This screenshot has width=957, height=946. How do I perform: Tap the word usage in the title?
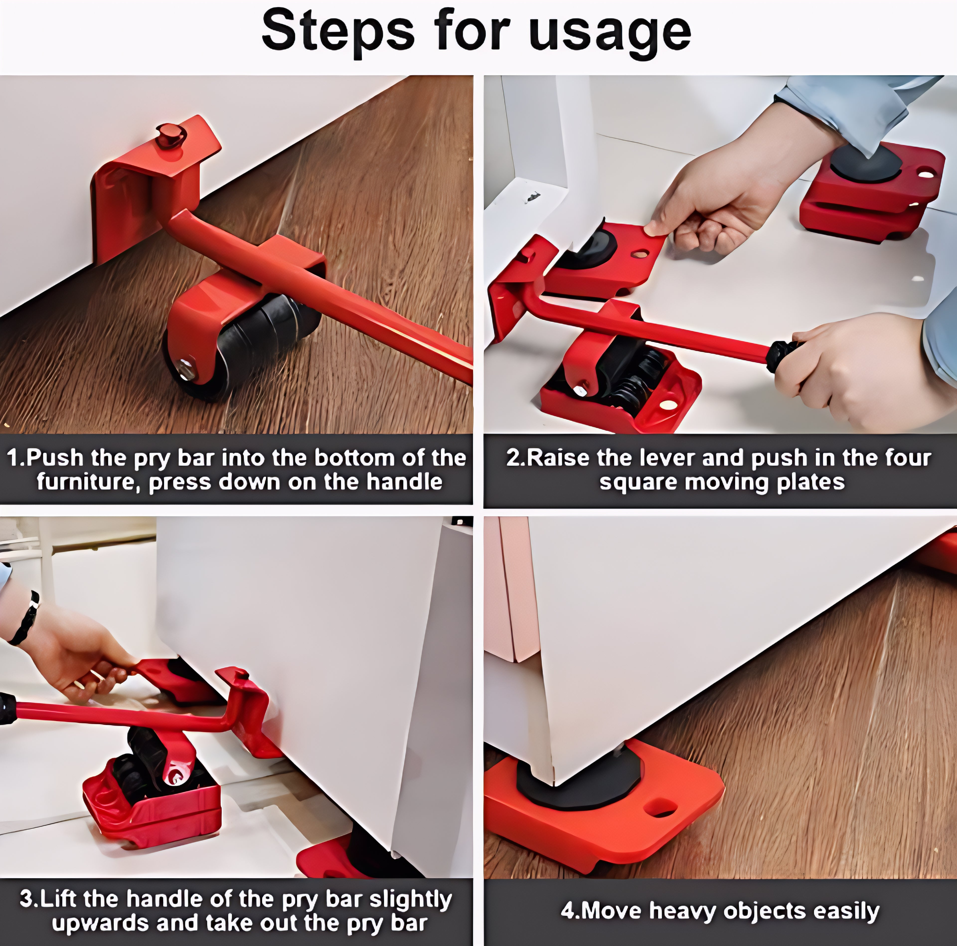coord(609,34)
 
